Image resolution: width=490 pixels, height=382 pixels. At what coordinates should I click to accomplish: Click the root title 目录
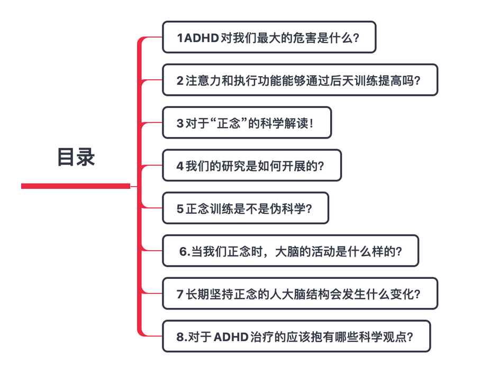76,157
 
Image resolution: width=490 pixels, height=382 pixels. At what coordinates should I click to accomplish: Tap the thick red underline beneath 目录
76,186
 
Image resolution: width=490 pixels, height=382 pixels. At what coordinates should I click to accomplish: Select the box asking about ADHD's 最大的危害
269,37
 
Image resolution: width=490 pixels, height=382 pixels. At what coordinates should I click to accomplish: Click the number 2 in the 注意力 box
180,80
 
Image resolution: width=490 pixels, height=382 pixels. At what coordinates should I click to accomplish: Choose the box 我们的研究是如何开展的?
251,166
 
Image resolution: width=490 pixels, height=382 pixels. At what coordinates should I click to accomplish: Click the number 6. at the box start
184,251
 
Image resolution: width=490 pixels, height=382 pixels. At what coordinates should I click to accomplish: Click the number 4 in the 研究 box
180,166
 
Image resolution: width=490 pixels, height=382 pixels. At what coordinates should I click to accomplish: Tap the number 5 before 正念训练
180,208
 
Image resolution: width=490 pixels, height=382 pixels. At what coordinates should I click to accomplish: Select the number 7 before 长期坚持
180,294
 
